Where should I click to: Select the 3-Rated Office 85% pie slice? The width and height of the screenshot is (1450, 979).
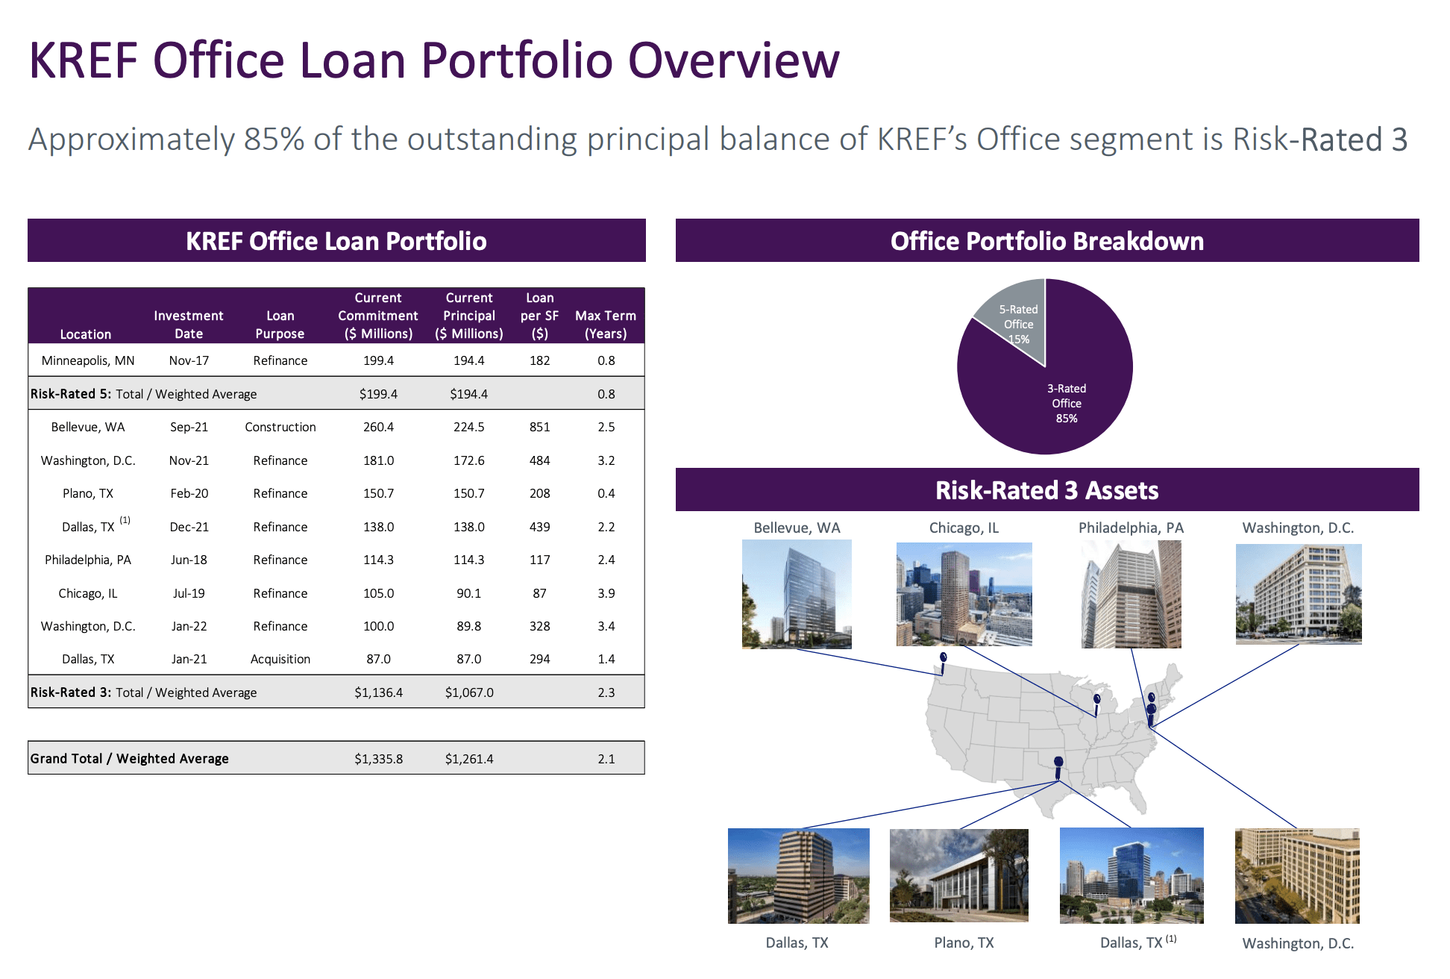[x=1059, y=395]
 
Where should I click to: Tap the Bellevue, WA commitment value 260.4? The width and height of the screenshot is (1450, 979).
[x=378, y=427]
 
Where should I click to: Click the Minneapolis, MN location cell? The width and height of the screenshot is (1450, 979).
[x=88, y=360]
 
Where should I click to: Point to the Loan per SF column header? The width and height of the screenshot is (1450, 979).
[x=539, y=316]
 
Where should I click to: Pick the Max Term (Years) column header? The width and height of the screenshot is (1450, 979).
[x=606, y=325]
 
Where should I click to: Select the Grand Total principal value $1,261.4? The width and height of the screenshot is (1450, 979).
[x=469, y=759]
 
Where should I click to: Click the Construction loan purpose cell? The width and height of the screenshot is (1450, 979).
[x=280, y=427]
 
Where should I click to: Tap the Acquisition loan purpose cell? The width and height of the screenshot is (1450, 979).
[x=280, y=659]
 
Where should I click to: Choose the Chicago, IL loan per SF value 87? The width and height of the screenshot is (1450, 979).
[x=539, y=593]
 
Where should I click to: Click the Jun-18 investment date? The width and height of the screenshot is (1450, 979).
[x=189, y=560]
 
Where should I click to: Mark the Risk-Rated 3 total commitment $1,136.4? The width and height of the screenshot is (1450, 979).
[x=378, y=692]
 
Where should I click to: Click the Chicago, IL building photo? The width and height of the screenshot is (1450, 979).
[x=964, y=594]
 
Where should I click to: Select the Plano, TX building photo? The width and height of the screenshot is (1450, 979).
[x=958, y=875]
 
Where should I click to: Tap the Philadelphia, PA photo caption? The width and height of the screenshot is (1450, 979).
[x=1131, y=528]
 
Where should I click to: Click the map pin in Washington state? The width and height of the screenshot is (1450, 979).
[x=944, y=659]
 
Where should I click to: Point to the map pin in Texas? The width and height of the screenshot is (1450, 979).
[x=1058, y=763]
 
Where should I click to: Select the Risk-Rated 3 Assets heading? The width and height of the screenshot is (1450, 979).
[x=1046, y=490]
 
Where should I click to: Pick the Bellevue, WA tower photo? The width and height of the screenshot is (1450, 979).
[x=797, y=594]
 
